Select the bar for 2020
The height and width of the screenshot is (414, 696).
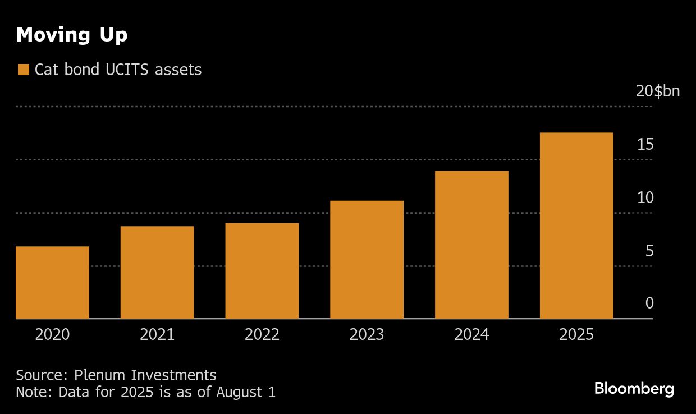[x=52, y=282]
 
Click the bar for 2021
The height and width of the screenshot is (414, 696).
[x=157, y=272]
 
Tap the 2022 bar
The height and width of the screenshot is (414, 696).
[x=262, y=270]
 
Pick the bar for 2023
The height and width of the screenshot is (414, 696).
[x=367, y=259]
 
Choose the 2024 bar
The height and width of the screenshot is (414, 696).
[x=471, y=245]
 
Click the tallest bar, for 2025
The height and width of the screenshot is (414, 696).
[x=576, y=226]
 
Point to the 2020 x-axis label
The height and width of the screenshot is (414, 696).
[x=52, y=335]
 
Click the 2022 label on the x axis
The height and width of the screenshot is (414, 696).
[x=262, y=335]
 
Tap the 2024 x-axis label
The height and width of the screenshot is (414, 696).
[x=471, y=335]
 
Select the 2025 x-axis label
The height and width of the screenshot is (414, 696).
[x=576, y=335]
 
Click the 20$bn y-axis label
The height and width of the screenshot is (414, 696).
[x=657, y=91]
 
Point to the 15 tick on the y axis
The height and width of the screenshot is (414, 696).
[x=645, y=145]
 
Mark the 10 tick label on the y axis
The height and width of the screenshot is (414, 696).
[x=645, y=197]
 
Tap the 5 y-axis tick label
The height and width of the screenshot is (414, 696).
[x=649, y=251]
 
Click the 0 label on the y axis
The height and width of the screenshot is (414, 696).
[x=649, y=303]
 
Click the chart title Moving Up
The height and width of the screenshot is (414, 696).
[x=72, y=35]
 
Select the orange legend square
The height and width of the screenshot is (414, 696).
[x=23, y=70]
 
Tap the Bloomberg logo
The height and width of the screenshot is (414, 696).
[x=634, y=389]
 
